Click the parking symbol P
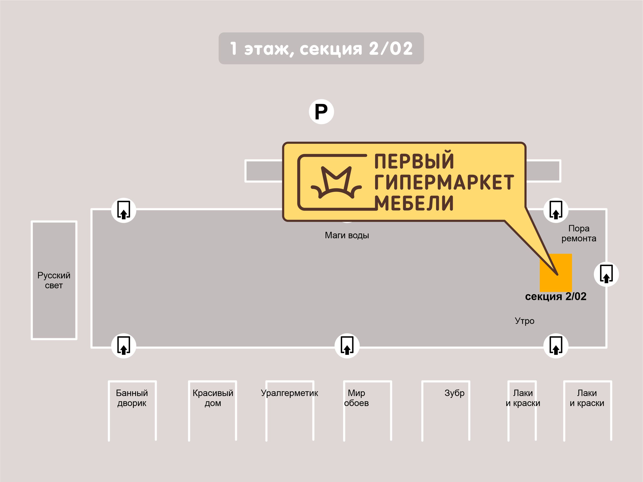321,112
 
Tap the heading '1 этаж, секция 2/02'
321,49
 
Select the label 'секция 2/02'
556,296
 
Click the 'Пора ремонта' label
579,233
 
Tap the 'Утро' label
524,321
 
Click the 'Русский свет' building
54,280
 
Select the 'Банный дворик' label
132,398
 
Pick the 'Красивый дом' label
213,398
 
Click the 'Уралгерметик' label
289,393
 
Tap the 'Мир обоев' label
356,398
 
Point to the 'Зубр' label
454,393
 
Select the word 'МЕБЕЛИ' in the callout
414,203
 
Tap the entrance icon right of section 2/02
606,274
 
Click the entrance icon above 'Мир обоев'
347,346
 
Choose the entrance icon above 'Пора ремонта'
556,210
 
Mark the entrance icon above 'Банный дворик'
124,346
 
